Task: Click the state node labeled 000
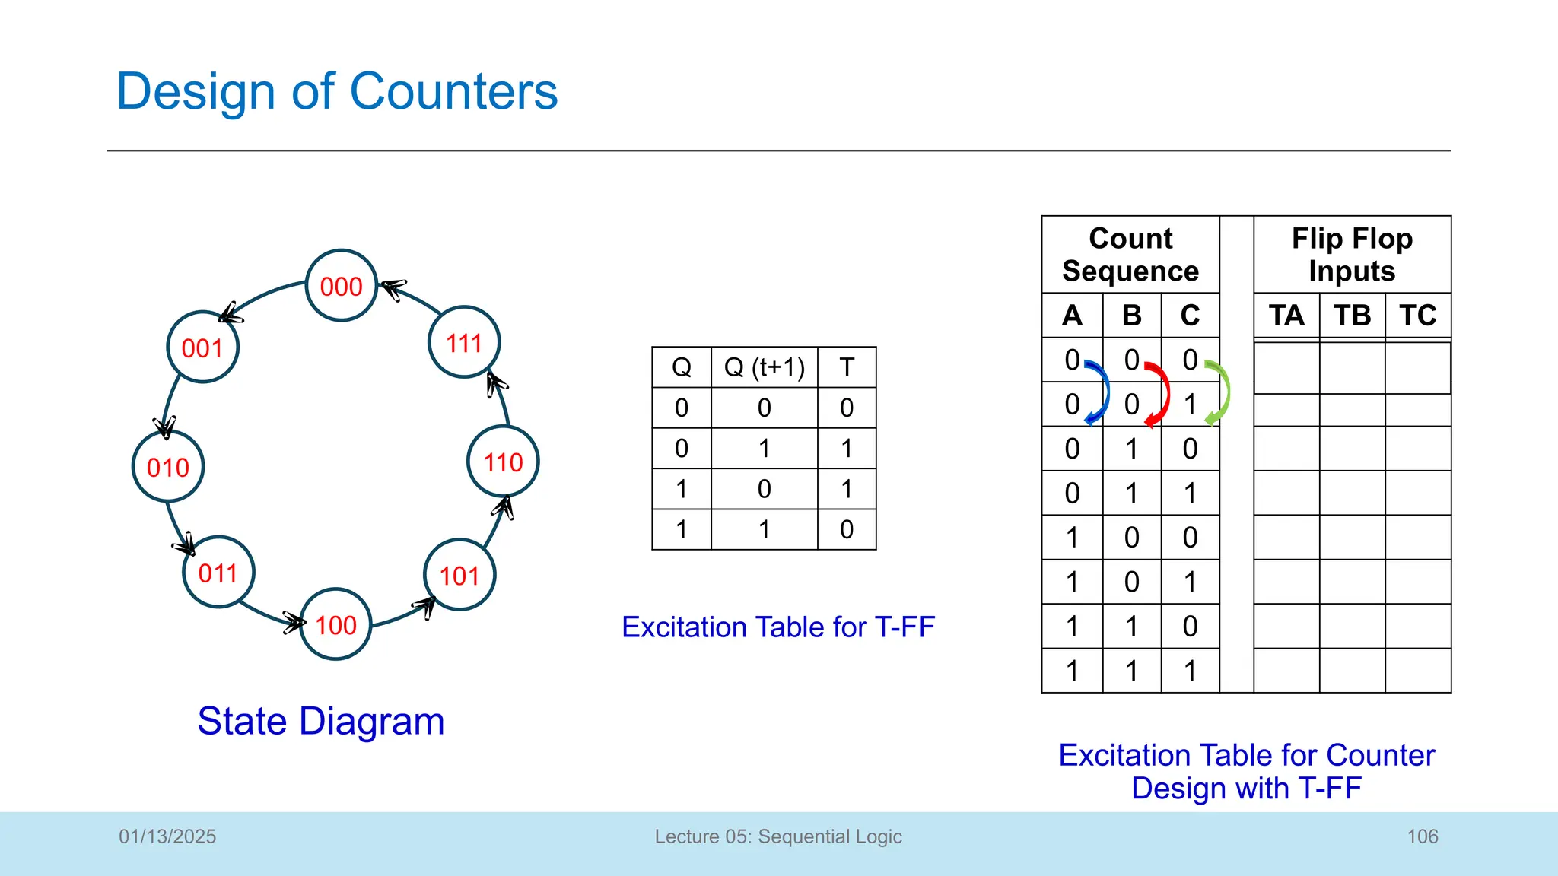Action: point(342,286)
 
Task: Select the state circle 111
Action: point(464,343)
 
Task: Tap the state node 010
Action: point(168,467)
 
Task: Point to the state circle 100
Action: point(335,624)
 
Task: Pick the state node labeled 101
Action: point(459,576)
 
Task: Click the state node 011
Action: point(218,573)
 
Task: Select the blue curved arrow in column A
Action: point(1099,391)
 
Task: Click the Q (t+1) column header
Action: point(764,367)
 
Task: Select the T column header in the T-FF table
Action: point(847,367)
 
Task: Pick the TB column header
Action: point(1352,316)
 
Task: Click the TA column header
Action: point(1286,316)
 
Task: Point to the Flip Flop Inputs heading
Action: point(1352,255)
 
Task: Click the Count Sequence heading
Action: point(1130,255)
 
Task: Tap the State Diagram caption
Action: point(320,721)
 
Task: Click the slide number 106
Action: point(1422,836)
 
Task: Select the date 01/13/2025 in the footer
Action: point(167,836)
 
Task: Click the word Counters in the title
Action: point(453,91)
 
